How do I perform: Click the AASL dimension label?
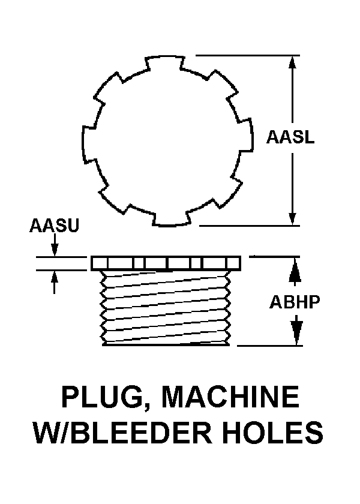[x=291, y=138]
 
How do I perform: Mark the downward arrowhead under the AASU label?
[x=55, y=250]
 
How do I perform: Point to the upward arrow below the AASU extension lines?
[x=55, y=277]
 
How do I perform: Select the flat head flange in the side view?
[x=166, y=263]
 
